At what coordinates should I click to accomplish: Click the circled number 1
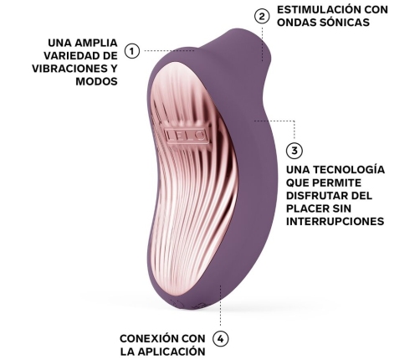(131, 51)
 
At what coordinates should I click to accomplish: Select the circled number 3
(295, 152)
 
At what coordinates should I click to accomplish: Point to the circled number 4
(220, 339)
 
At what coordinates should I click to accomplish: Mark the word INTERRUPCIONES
(335, 224)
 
